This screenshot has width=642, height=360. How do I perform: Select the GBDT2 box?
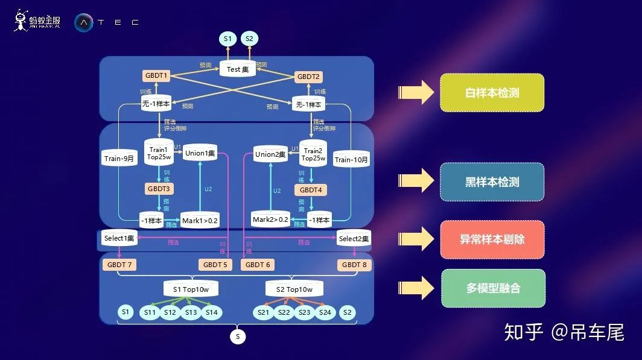(x=309, y=77)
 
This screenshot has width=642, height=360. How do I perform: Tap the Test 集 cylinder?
(x=237, y=69)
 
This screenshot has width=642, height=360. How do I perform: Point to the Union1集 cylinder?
(x=200, y=153)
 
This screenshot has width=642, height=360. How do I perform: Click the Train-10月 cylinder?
(x=351, y=159)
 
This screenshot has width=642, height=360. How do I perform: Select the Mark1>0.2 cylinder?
(x=200, y=220)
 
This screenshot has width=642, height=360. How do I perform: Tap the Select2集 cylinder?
(x=354, y=239)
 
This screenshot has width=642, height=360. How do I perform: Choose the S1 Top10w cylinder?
(x=191, y=289)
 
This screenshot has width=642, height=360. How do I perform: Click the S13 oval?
(x=191, y=312)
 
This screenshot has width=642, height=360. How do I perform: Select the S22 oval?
(x=284, y=312)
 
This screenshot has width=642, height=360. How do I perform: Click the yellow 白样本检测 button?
(x=492, y=93)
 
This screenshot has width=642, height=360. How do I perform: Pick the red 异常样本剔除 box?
(x=492, y=239)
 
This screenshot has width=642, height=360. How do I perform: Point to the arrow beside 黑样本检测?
(x=416, y=180)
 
